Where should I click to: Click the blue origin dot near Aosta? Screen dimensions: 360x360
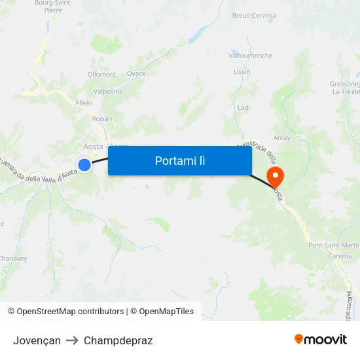[84, 165]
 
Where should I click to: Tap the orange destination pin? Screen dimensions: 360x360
[274, 175]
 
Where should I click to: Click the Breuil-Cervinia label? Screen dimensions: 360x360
[254, 15]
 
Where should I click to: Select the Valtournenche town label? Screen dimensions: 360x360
[250, 56]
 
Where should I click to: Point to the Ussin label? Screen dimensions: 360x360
[242, 72]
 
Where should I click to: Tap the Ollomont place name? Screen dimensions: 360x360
[102, 75]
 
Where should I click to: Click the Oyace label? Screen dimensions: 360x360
[136, 74]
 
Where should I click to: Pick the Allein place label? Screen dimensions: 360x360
[84, 103]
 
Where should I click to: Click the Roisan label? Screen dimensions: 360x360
[101, 119]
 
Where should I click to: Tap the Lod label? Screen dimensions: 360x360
[243, 107]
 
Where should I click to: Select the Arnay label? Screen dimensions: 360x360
[281, 138]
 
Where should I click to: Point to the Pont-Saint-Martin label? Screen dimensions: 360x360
[333, 245]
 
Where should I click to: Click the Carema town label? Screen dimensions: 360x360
[340, 256]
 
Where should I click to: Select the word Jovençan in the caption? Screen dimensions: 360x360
[37, 340]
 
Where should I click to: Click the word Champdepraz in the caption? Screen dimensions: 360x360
[118, 340]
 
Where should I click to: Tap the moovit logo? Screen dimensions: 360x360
[321, 339]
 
